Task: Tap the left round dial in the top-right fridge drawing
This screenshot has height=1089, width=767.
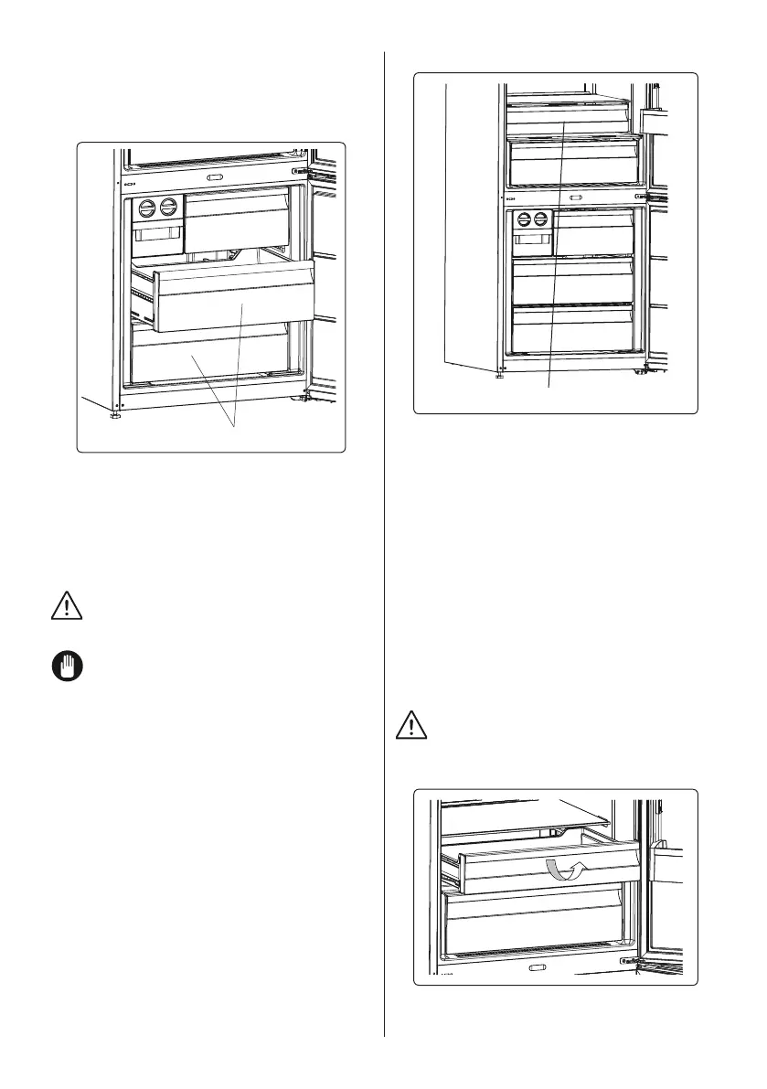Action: pyautogui.click(x=524, y=220)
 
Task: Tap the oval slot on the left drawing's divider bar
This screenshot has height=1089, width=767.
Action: pyautogui.click(x=215, y=177)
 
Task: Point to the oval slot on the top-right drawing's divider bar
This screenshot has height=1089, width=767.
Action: pyautogui.click(x=576, y=197)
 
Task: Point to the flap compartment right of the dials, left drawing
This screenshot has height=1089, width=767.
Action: pyautogui.click(x=236, y=219)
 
